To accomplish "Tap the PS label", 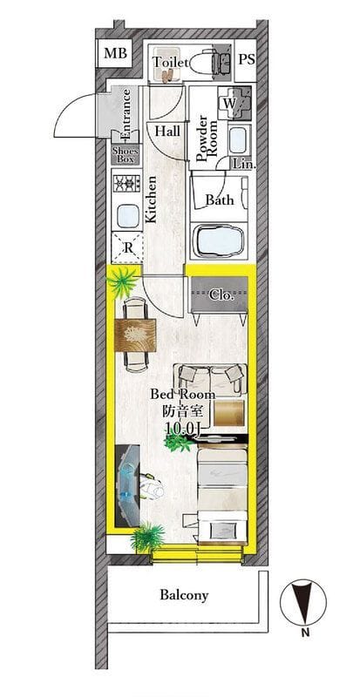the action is pyautogui.click(x=246, y=60).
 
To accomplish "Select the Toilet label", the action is pyautogui.click(x=170, y=63).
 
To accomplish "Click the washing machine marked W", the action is pyautogui.click(x=234, y=104).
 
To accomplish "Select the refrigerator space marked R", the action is pyautogui.click(x=128, y=247).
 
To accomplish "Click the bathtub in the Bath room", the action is pyautogui.click(x=219, y=241).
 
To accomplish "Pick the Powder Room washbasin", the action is pyautogui.click(x=240, y=139).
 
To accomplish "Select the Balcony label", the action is pyautogui.click(x=184, y=595).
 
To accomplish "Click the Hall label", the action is pyautogui.click(x=167, y=132).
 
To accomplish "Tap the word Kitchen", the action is pyautogui.click(x=152, y=200).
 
